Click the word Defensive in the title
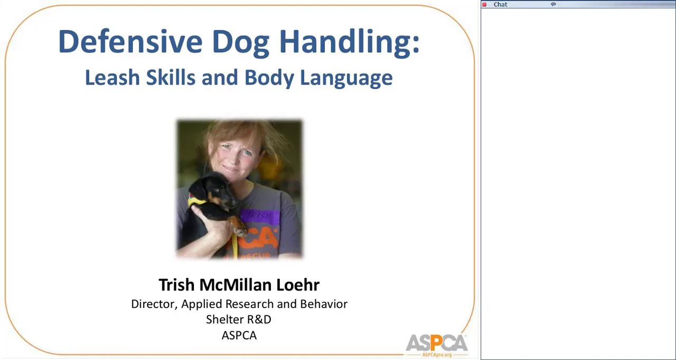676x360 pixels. (x=130, y=42)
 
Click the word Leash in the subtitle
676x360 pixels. (x=112, y=78)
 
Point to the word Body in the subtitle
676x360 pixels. (x=269, y=78)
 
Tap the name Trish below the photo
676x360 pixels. (x=177, y=285)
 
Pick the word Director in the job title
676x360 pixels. (x=154, y=304)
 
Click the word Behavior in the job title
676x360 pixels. (x=324, y=304)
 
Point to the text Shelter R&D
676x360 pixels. (x=239, y=319)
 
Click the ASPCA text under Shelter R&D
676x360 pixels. (x=239, y=335)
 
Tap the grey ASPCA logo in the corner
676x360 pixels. (x=436, y=344)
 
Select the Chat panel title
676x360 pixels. (x=500, y=4)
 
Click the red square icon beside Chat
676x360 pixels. (x=484, y=4)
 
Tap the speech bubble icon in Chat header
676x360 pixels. (x=553, y=4)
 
